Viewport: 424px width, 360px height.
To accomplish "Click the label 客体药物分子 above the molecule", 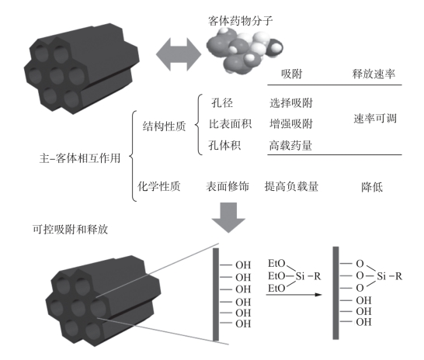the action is coord(240,21).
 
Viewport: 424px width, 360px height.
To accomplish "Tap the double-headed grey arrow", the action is coord(179,54).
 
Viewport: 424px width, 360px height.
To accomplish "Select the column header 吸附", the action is coord(291,74).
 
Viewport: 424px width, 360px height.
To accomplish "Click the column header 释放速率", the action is coord(374,74).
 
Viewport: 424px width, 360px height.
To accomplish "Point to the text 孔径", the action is coord(222,103).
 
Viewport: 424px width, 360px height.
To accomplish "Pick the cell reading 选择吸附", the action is coord(291,103).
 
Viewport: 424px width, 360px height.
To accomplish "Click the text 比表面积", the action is coord(230,124).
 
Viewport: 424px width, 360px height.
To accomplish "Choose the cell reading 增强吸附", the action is coord(291,124).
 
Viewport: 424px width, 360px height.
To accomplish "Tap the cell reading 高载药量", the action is coord(290,146).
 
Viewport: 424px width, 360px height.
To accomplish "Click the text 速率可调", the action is coord(375,119).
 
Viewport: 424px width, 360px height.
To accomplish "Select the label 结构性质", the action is coord(164,126).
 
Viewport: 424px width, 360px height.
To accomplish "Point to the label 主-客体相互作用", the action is coord(80,158).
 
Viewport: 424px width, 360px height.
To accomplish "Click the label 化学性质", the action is coord(159,186).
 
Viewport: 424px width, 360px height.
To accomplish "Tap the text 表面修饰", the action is coord(228,186).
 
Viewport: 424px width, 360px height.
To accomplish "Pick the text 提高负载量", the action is coord(291,186).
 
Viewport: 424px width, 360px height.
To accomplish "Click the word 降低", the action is coord(372,187).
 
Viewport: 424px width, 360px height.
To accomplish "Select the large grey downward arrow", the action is coord(228,217).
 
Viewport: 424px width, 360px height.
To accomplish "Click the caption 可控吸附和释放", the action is coord(71,230).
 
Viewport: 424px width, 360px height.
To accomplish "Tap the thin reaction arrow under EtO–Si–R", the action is coord(294,295).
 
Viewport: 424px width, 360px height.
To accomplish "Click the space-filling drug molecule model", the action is coord(245,50).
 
